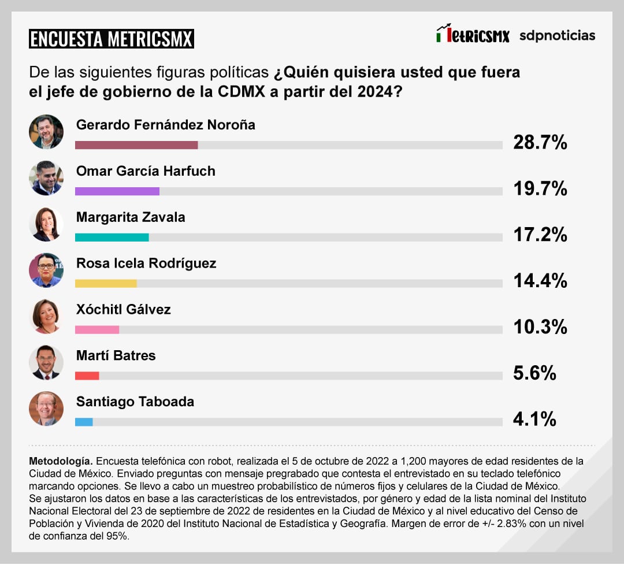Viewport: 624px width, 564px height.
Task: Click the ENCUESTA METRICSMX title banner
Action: [111, 39]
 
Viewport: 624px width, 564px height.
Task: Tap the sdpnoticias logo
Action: [557, 36]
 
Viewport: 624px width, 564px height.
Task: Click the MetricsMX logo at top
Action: [473, 35]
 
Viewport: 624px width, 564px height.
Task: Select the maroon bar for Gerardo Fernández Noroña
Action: [136, 144]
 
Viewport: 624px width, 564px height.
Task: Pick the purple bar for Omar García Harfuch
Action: [117, 191]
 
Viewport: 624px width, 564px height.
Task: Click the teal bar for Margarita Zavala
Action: [112, 237]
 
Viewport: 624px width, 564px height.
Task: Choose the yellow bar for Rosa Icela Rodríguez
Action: [106, 283]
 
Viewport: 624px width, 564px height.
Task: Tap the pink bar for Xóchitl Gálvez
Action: [97, 329]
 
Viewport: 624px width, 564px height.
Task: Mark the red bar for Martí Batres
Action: [87, 376]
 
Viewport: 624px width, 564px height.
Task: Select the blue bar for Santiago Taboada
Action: [84, 422]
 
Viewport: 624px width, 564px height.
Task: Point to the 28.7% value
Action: [540, 142]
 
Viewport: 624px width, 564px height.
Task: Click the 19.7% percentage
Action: [540, 188]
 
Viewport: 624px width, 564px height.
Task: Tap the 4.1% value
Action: [534, 419]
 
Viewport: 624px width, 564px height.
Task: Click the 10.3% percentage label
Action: [540, 327]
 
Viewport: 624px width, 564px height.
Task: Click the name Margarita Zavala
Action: [131, 217]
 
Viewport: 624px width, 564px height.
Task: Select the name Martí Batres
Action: [116, 355]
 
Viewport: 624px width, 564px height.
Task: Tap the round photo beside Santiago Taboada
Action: [46, 409]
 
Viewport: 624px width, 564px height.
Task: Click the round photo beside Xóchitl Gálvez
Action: [46, 316]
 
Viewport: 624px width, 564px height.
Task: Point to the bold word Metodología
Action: [60, 461]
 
